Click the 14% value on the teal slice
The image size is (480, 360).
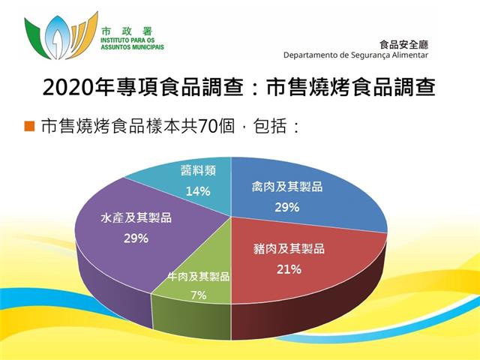[x=198, y=192]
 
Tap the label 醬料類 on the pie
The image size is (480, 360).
[x=198, y=170]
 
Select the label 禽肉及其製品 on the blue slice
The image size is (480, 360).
[x=287, y=187]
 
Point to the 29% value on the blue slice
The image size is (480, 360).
[x=286, y=208]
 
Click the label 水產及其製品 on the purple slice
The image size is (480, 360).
[x=136, y=217]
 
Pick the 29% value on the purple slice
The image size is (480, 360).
[x=136, y=238]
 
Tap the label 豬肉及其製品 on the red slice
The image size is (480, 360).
[x=289, y=248]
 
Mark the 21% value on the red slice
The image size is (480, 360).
[x=289, y=269]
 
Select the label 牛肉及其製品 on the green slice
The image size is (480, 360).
[x=199, y=277]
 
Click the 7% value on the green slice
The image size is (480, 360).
[x=198, y=295]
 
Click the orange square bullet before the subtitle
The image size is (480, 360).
[x=30, y=126]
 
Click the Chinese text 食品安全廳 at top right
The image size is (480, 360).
[x=403, y=45]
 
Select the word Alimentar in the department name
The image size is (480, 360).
[x=412, y=55]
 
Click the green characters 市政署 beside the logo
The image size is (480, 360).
[x=127, y=31]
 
